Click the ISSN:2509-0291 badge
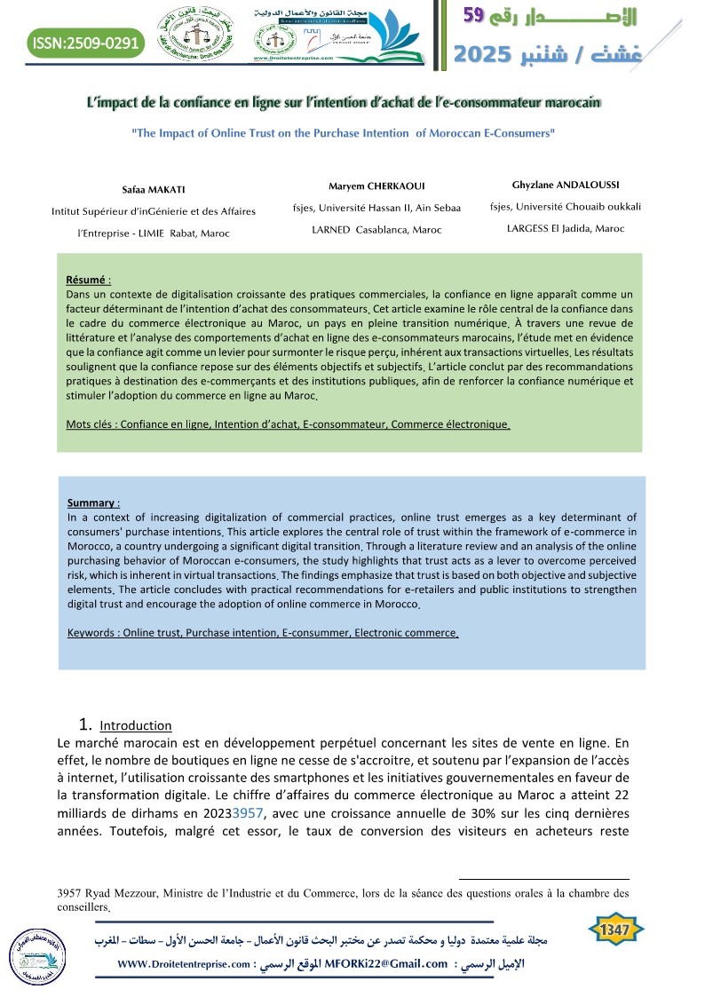(x=84, y=42)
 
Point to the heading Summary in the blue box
(x=91, y=502)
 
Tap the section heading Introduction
(x=136, y=725)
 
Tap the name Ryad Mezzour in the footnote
(x=120, y=893)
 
